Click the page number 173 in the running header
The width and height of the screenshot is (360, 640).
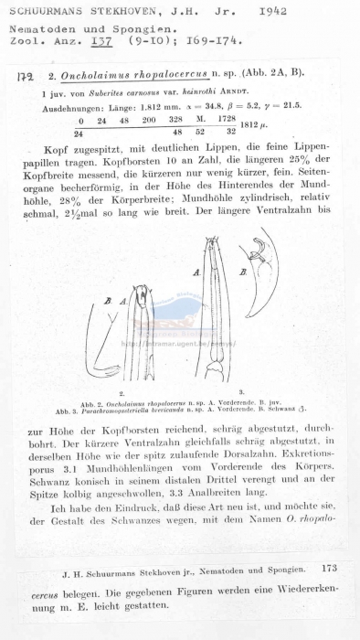pyautogui.click(x=329, y=568)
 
